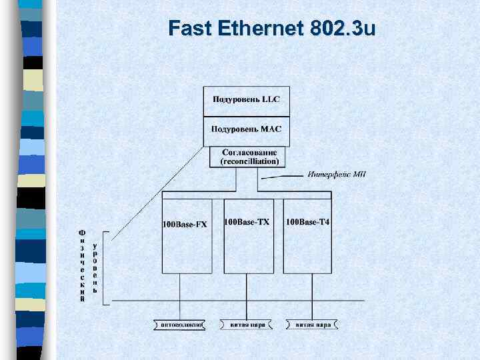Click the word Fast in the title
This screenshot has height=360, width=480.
point(189,28)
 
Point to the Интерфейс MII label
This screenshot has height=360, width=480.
point(336,175)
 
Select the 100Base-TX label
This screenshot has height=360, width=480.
point(247,222)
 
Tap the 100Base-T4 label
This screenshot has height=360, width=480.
point(307,222)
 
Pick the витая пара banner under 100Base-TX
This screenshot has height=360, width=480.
point(247,325)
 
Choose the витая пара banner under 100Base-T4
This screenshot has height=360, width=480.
point(313,325)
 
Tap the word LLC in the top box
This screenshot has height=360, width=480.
point(271,99)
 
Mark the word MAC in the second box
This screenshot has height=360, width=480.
point(271,129)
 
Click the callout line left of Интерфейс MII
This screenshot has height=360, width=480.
point(283,177)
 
